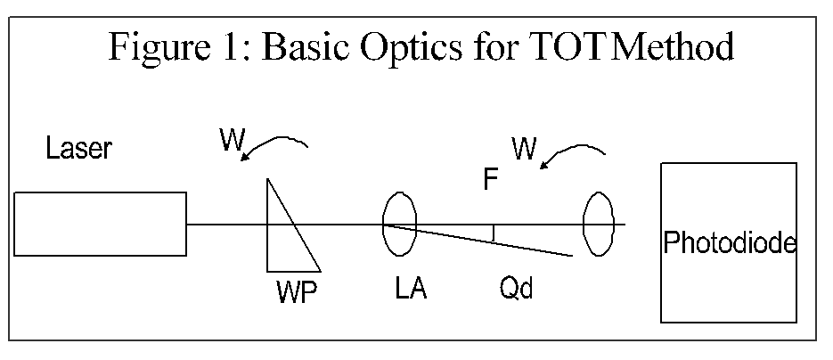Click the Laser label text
pyautogui.click(x=79, y=149)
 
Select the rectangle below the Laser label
pyautogui.click(x=100, y=224)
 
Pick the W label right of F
pyautogui.click(x=526, y=148)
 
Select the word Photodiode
pyautogui.click(x=729, y=242)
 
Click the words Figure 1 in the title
pyautogui.click(x=172, y=47)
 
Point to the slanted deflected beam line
pyautogui.click(x=481, y=240)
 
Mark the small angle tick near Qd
pyautogui.click(x=493, y=233)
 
